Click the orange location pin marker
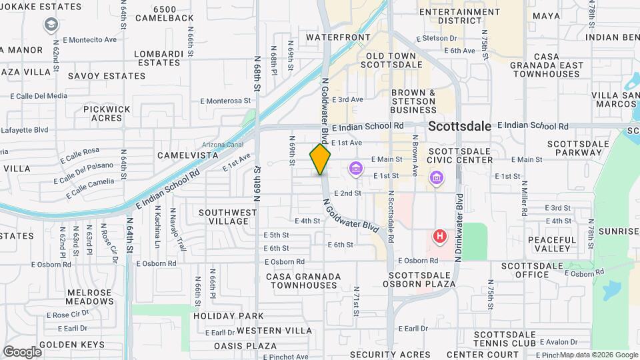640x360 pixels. (x=320, y=159)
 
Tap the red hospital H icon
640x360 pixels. (x=440, y=236)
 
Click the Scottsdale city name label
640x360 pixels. (x=459, y=125)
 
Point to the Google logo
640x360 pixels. (x=22, y=351)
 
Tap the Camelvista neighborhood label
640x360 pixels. (x=187, y=155)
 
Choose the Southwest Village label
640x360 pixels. (x=228, y=217)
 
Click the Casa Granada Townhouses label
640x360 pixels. (x=303, y=281)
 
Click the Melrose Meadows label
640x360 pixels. (x=89, y=297)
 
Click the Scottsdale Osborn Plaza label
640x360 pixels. (x=422, y=279)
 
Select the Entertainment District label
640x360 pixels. (x=460, y=16)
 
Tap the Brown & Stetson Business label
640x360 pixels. (x=423, y=101)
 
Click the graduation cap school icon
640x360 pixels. (x=51, y=25)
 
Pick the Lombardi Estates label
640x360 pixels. (x=167, y=58)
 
